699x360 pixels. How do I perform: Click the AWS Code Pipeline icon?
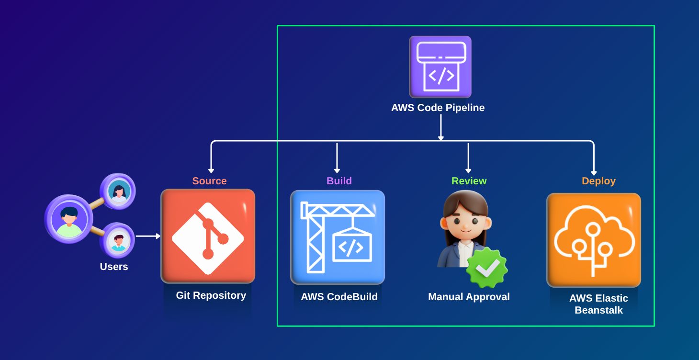pyautogui.click(x=440, y=67)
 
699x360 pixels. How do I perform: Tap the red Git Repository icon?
pyautogui.click(x=208, y=236)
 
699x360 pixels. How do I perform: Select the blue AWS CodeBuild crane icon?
pyautogui.click(x=338, y=237)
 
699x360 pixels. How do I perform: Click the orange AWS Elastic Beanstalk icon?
pyautogui.click(x=594, y=240)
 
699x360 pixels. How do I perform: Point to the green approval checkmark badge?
pyautogui.click(x=487, y=268)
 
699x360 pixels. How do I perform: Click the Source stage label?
pyautogui.click(x=209, y=181)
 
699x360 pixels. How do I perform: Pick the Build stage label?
pyautogui.click(x=339, y=181)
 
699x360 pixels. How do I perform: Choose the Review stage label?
pyautogui.click(x=469, y=181)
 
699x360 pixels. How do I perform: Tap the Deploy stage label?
pyautogui.click(x=598, y=181)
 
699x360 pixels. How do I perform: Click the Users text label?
pyautogui.click(x=114, y=267)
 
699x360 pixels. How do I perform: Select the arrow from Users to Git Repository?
pyautogui.click(x=148, y=236)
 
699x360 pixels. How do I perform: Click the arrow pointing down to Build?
pyautogui.click(x=337, y=157)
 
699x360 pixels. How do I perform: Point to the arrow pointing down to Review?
pyautogui.click(x=468, y=157)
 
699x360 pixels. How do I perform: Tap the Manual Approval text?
pyautogui.click(x=469, y=297)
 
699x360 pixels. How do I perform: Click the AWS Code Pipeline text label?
pyautogui.click(x=438, y=108)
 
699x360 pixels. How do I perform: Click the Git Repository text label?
pyautogui.click(x=211, y=295)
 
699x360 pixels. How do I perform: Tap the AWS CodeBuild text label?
pyautogui.click(x=339, y=297)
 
